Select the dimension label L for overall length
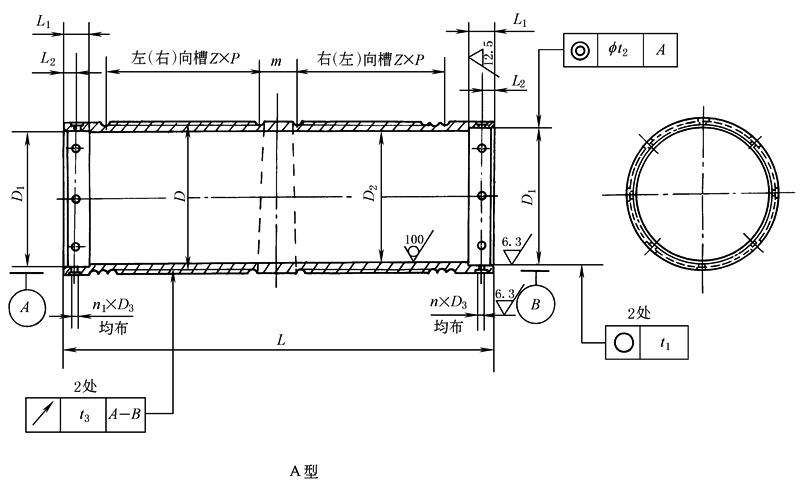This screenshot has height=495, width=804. pos(282,340)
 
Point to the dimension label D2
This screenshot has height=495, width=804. pos(370,195)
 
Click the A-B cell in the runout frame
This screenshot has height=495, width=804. pos(125,413)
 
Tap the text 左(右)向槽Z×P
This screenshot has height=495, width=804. pos(183,61)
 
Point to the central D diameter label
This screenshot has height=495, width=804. pos(178,197)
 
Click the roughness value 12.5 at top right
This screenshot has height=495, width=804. pos(485,51)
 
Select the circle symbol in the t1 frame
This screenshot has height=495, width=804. pos(625,342)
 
